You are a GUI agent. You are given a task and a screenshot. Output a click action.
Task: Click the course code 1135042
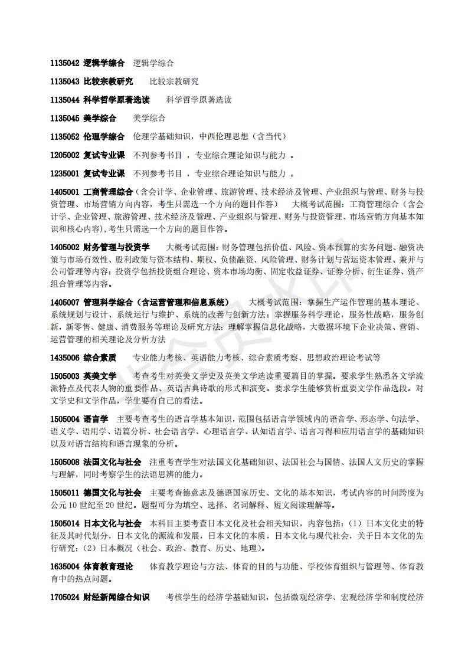tap(65, 63)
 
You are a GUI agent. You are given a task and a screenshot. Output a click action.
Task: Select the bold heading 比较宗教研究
tap(108, 81)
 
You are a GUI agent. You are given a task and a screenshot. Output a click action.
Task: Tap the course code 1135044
tap(65, 100)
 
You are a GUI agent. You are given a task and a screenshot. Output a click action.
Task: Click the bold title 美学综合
tap(100, 118)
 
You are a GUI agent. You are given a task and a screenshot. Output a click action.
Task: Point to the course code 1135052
tap(65, 136)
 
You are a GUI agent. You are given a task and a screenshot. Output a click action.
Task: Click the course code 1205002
tap(65, 155)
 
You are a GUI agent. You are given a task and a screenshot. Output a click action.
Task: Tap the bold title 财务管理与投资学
tap(116, 247)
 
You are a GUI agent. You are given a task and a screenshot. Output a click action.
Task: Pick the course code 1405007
tap(65, 302)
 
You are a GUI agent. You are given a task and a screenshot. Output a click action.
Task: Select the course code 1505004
tap(65, 418)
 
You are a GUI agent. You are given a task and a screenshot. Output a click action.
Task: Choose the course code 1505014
tap(65, 523)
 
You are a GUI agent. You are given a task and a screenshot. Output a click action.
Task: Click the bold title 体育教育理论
tap(108, 566)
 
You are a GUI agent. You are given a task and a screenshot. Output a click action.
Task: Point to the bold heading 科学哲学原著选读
tap(116, 100)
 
